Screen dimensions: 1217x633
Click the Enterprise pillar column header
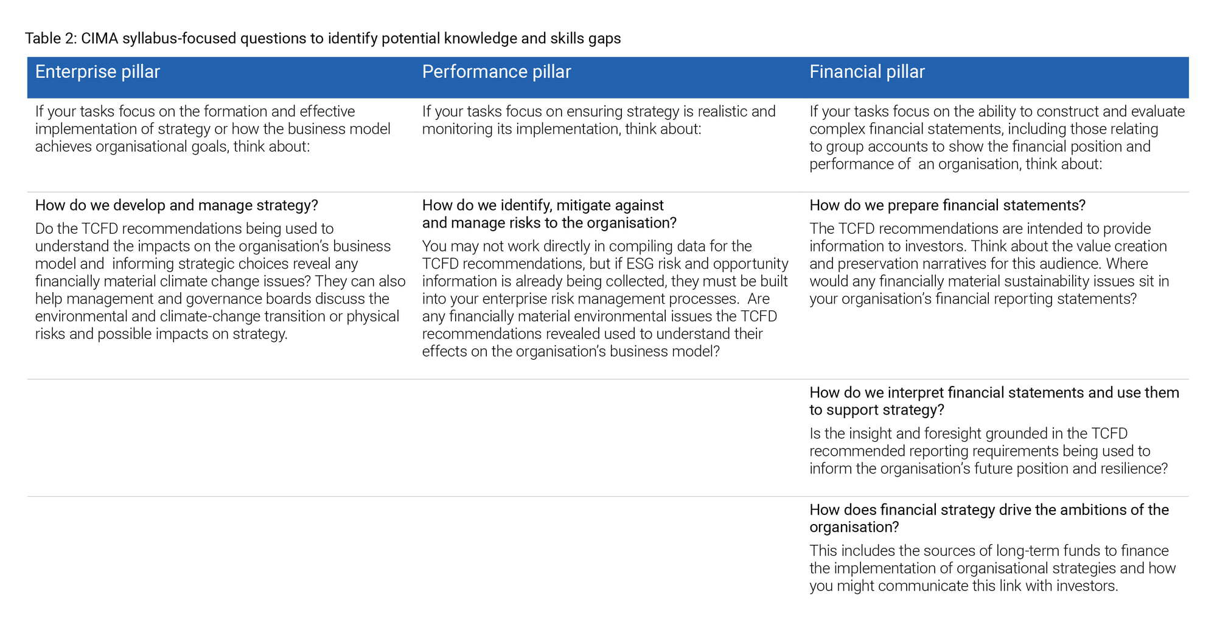(97, 72)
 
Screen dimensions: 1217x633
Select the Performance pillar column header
(497, 72)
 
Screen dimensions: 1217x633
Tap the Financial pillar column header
(867, 72)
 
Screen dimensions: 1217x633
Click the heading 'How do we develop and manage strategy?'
(176, 206)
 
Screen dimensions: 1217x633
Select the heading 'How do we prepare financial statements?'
(947, 206)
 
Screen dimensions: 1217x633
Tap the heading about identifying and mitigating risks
(549, 214)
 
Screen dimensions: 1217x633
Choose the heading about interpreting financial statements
(994, 401)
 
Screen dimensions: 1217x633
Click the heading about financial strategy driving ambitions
(989, 519)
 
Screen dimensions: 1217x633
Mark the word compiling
(638, 247)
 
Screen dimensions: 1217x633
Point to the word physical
(373, 316)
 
